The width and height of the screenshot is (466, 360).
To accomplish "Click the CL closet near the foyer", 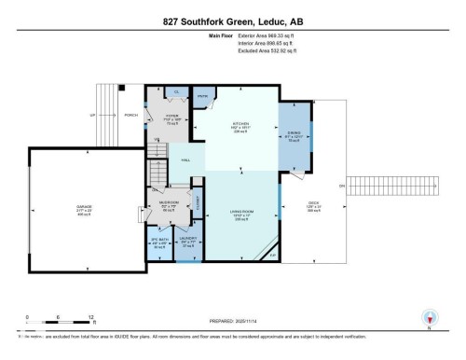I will coord(176,92).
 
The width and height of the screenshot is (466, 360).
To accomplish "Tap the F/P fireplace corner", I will coord(273,254).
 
